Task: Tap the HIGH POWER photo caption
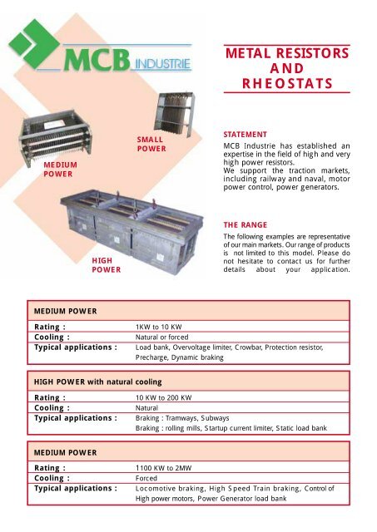click(x=107, y=264)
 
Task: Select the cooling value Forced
click(x=148, y=479)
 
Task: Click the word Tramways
click(x=191, y=416)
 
